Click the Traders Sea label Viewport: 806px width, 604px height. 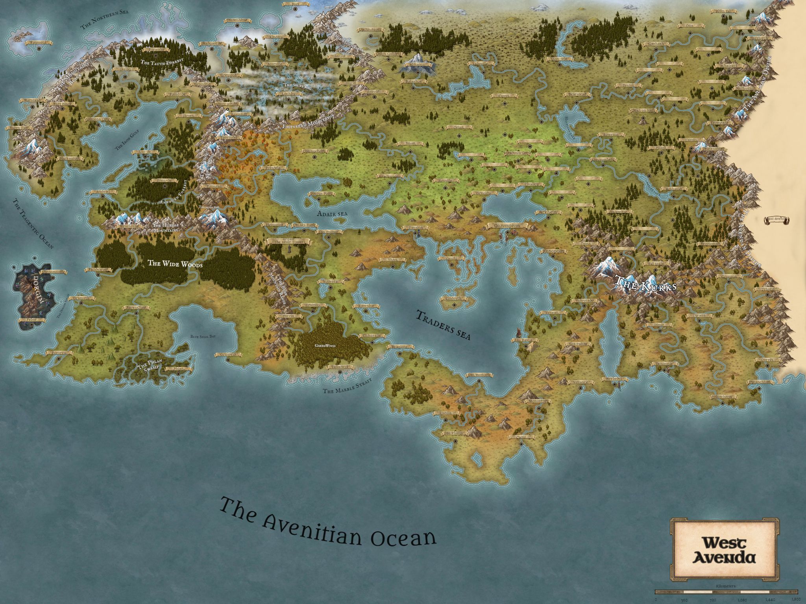click(443, 325)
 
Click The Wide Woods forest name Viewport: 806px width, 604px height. click(175, 264)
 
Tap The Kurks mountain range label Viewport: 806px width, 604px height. click(645, 284)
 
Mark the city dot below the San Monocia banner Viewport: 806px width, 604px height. click(479, 381)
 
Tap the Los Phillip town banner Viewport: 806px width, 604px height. click(453, 433)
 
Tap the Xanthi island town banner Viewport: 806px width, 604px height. click(451, 258)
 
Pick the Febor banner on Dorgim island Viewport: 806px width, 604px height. click(31, 320)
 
